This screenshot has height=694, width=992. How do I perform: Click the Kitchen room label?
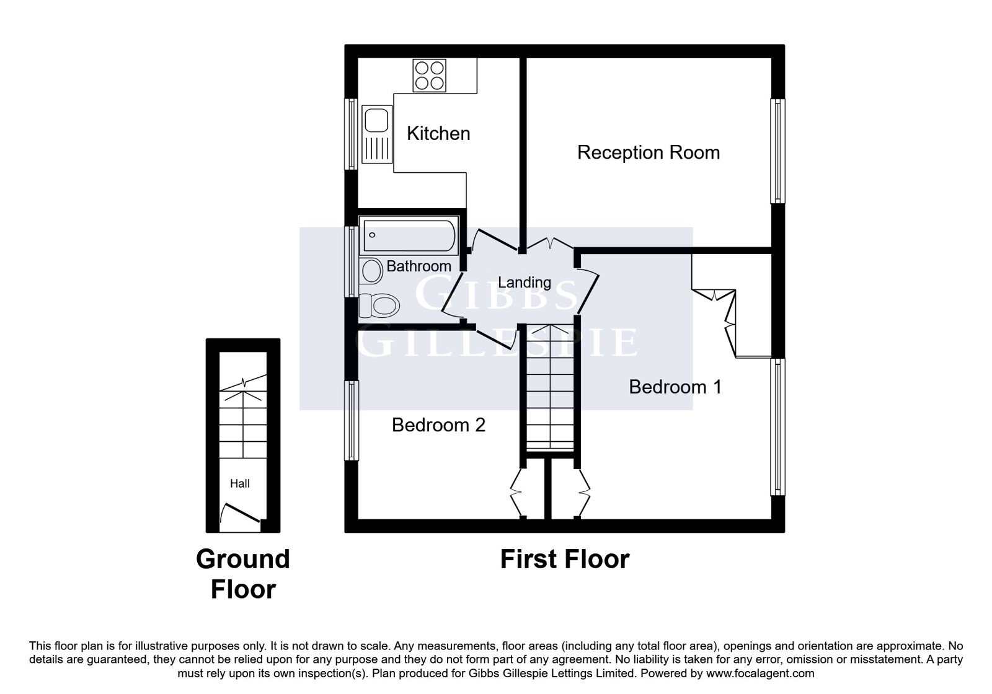pyautogui.click(x=438, y=133)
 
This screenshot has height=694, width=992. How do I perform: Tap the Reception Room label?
pyautogui.click(x=649, y=152)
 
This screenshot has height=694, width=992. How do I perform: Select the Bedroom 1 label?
pyautogui.click(x=675, y=387)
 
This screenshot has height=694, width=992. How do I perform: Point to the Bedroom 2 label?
pyautogui.click(x=438, y=425)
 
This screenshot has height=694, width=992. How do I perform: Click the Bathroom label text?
pyautogui.click(x=418, y=266)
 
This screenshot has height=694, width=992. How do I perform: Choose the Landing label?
pyautogui.click(x=525, y=282)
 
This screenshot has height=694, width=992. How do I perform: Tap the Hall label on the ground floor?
pyautogui.click(x=239, y=483)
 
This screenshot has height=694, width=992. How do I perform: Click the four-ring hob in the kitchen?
pyautogui.click(x=429, y=76)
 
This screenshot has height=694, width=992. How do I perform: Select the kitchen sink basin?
pyautogui.click(x=376, y=118)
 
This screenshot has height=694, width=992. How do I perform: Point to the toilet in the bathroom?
pyautogui.click(x=379, y=305)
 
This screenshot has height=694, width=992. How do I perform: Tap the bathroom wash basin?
pyautogui.click(x=371, y=271)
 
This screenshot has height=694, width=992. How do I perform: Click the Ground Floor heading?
pyautogui.click(x=243, y=574)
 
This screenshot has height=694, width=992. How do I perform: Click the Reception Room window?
pyautogui.click(x=777, y=151)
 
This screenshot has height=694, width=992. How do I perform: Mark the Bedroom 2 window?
pyautogui.click(x=352, y=421)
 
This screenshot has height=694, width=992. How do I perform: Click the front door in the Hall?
pyautogui.click(x=239, y=514)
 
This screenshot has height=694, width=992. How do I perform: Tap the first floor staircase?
pyautogui.click(x=549, y=388)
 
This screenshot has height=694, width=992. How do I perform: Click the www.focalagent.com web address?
pyautogui.click(x=760, y=674)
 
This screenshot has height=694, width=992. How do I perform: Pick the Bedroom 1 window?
pyautogui.click(x=777, y=427)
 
